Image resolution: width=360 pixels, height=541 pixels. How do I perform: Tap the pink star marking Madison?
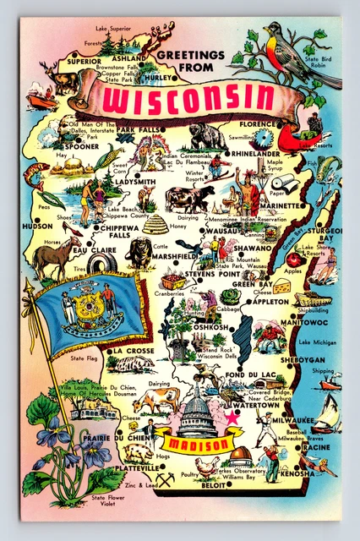(231, 416)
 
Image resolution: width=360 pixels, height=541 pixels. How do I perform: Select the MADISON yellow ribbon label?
(191, 445)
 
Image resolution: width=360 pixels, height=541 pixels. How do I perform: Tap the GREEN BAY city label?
(252, 285)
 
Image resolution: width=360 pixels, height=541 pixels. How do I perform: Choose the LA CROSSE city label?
(130, 350)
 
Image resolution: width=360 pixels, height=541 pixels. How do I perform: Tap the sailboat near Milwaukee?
(325, 413)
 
